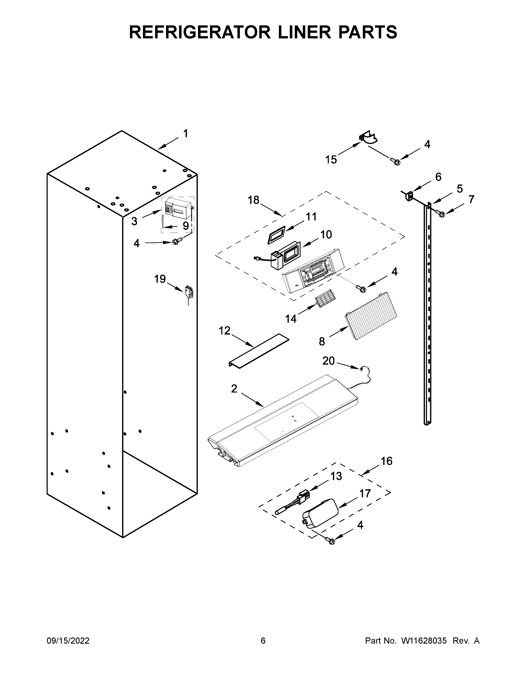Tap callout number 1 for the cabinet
click(x=186, y=134)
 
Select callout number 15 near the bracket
click(x=331, y=160)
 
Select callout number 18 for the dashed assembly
click(x=254, y=200)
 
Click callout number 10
click(x=326, y=234)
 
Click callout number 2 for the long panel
click(x=234, y=389)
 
